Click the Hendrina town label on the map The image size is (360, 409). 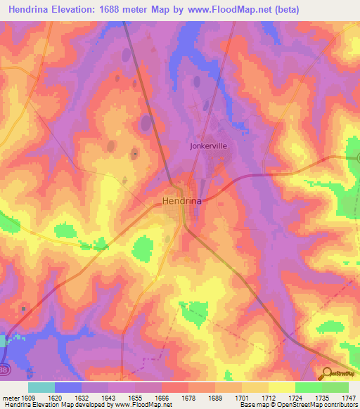(181, 201)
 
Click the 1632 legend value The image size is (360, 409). (82, 397)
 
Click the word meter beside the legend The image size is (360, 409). (9, 397)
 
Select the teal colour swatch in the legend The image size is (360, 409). (41, 387)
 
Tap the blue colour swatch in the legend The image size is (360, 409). (68, 387)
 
